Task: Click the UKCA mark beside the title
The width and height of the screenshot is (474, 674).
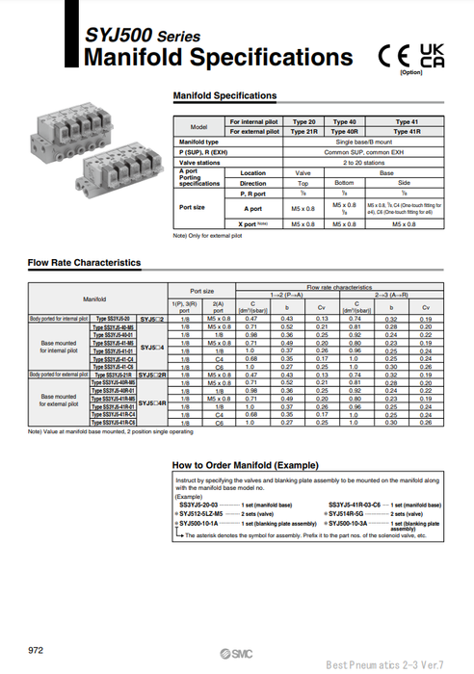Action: (x=434, y=56)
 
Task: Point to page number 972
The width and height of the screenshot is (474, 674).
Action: (x=37, y=650)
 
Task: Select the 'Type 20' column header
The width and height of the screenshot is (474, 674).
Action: (x=304, y=122)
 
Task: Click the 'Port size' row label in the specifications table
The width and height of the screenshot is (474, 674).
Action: (x=193, y=207)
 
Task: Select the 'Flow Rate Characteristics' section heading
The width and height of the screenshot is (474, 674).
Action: (x=84, y=262)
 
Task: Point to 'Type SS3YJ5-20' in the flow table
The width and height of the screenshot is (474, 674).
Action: (x=115, y=318)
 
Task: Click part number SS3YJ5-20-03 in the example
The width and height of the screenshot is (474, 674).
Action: (x=205, y=505)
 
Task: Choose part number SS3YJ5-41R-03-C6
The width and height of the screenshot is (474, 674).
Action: (x=361, y=505)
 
